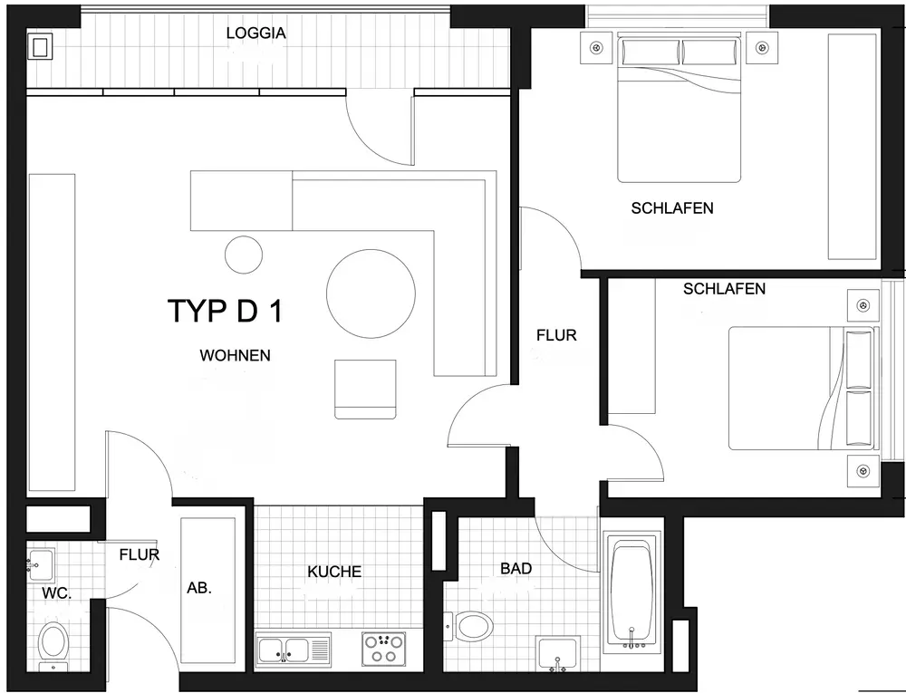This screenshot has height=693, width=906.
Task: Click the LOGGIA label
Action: tap(255, 34)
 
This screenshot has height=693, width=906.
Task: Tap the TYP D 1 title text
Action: tap(226, 311)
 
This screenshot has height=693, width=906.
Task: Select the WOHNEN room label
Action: tap(235, 356)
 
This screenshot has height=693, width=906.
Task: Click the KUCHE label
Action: tap(334, 572)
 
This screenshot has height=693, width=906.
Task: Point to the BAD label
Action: tap(516, 569)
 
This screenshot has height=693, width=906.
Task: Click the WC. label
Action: tap(56, 594)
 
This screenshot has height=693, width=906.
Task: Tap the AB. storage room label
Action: tap(199, 588)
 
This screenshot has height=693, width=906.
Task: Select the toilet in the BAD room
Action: tap(472, 624)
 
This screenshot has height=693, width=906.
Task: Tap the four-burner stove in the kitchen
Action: tap(383, 649)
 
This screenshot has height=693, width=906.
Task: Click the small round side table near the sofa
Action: tap(243, 255)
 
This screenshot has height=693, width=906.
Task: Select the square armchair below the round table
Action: tap(365, 389)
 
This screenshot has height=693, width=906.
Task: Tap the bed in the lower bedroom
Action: tap(802, 388)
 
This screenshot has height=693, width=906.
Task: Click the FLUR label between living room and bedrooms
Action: tap(556, 335)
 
